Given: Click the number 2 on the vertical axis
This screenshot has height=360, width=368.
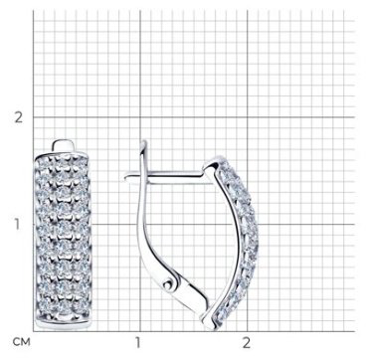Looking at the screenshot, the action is tap(19, 117).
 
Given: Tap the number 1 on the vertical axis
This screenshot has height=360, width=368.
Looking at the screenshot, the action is tap(17, 225).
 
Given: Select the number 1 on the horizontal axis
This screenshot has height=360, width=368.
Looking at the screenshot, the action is tap(138, 343).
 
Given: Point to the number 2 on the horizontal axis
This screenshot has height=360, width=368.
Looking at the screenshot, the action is tap(246, 343).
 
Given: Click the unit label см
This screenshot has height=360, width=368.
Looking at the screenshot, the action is tap(21, 342).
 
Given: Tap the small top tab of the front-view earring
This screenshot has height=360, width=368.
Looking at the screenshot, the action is tap(64, 145).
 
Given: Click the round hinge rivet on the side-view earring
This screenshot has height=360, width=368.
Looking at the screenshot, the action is tap(169, 284).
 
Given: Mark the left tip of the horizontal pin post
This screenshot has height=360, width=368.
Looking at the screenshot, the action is tap(125, 178).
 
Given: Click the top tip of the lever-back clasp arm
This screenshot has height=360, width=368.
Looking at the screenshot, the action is tap(143, 141).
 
